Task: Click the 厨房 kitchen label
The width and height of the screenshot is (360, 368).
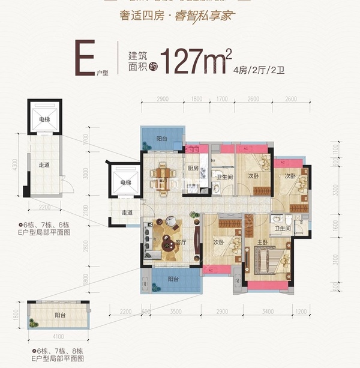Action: [193, 168]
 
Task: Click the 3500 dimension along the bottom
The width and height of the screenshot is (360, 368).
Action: [176, 312]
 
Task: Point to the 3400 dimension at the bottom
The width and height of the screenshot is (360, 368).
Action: [268, 312]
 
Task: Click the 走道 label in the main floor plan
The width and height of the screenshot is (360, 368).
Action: [126, 212]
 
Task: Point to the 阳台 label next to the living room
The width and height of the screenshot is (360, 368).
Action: [173, 279]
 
